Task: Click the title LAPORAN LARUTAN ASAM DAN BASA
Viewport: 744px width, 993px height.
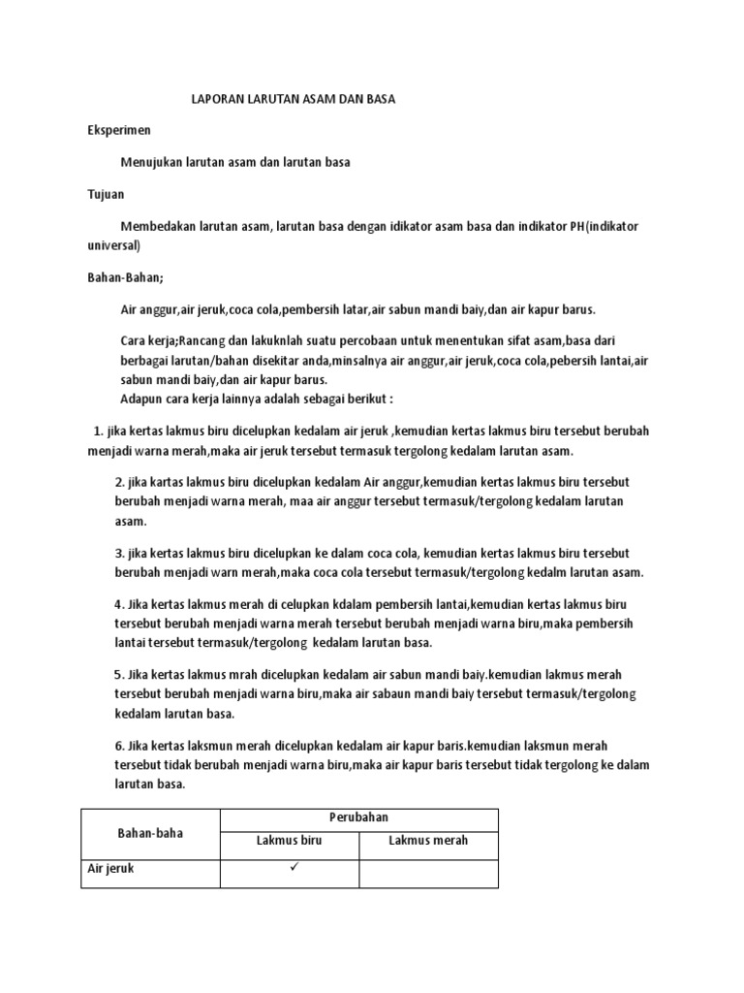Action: (x=292, y=99)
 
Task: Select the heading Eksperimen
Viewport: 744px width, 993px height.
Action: (x=119, y=129)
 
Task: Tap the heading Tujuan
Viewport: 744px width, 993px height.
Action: (x=106, y=194)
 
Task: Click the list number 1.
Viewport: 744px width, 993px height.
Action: (x=98, y=432)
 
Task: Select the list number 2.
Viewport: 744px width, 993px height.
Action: (x=120, y=482)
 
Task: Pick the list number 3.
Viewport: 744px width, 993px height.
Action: (x=120, y=552)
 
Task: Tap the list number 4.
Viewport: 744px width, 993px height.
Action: (x=120, y=603)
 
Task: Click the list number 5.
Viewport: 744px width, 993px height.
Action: (x=120, y=674)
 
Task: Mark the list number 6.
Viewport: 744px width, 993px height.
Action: (x=120, y=744)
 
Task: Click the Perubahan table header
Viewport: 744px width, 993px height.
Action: (x=359, y=817)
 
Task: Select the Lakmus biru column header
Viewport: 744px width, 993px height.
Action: (x=289, y=841)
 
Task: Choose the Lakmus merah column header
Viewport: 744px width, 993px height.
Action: (x=428, y=841)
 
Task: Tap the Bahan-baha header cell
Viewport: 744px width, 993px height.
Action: (x=150, y=833)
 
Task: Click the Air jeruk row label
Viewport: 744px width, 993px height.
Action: (x=111, y=869)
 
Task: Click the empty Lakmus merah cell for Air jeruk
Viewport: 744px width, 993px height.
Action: (x=428, y=873)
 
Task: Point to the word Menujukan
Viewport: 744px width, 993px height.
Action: (x=151, y=162)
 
